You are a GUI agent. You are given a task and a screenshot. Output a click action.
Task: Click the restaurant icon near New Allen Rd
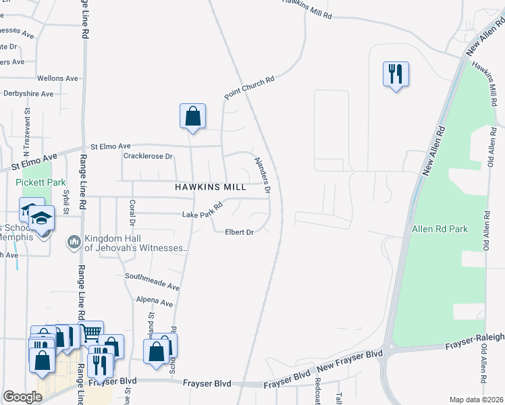[396, 73]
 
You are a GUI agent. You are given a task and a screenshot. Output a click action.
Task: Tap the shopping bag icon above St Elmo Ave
[192, 115]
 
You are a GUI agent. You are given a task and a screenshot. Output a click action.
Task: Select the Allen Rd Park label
[440, 230]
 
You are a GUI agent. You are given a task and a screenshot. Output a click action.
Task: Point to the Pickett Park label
[41, 182]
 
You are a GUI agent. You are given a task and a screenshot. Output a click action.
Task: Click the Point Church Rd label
[250, 88]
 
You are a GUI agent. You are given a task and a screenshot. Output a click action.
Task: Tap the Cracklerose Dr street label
[149, 156]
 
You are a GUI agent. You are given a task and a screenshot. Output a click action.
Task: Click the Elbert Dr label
[239, 232]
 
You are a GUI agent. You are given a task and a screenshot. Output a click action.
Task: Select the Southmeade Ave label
[152, 277]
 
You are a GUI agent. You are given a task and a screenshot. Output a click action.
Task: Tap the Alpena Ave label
[155, 300]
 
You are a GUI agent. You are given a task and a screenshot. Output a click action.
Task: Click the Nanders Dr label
[262, 175]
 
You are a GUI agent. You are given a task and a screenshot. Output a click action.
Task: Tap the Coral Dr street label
[132, 213]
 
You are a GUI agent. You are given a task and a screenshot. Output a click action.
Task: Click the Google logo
[22, 397]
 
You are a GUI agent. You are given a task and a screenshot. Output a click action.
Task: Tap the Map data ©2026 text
[475, 400]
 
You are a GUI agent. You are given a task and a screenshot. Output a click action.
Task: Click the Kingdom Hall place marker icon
[74, 241]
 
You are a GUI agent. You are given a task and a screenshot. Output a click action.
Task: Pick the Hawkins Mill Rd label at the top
[307, 8]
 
